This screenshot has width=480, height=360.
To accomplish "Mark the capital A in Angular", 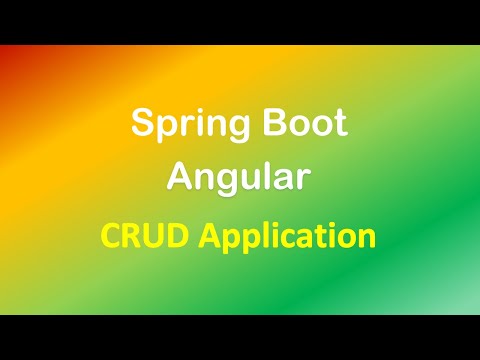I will pos(180,176).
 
